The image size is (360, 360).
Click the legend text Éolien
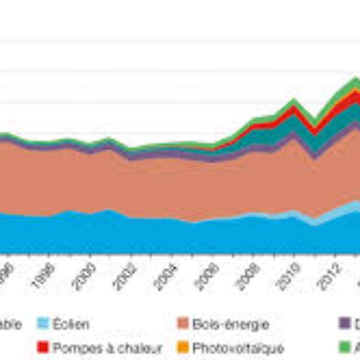[x=71, y=325]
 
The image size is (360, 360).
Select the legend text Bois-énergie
[x=231, y=325]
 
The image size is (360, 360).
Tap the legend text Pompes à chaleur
[x=107, y=348]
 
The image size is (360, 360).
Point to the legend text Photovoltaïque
[x=238, y=348]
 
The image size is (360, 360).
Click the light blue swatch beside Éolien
[x=44, y=324]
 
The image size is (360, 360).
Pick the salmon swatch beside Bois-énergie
[x=183, y=324]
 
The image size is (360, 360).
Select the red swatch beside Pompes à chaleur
[x=44, y=348]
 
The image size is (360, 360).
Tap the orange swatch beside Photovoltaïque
[x=183, y=348]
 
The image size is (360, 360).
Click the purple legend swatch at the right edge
[x=344, y=324]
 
